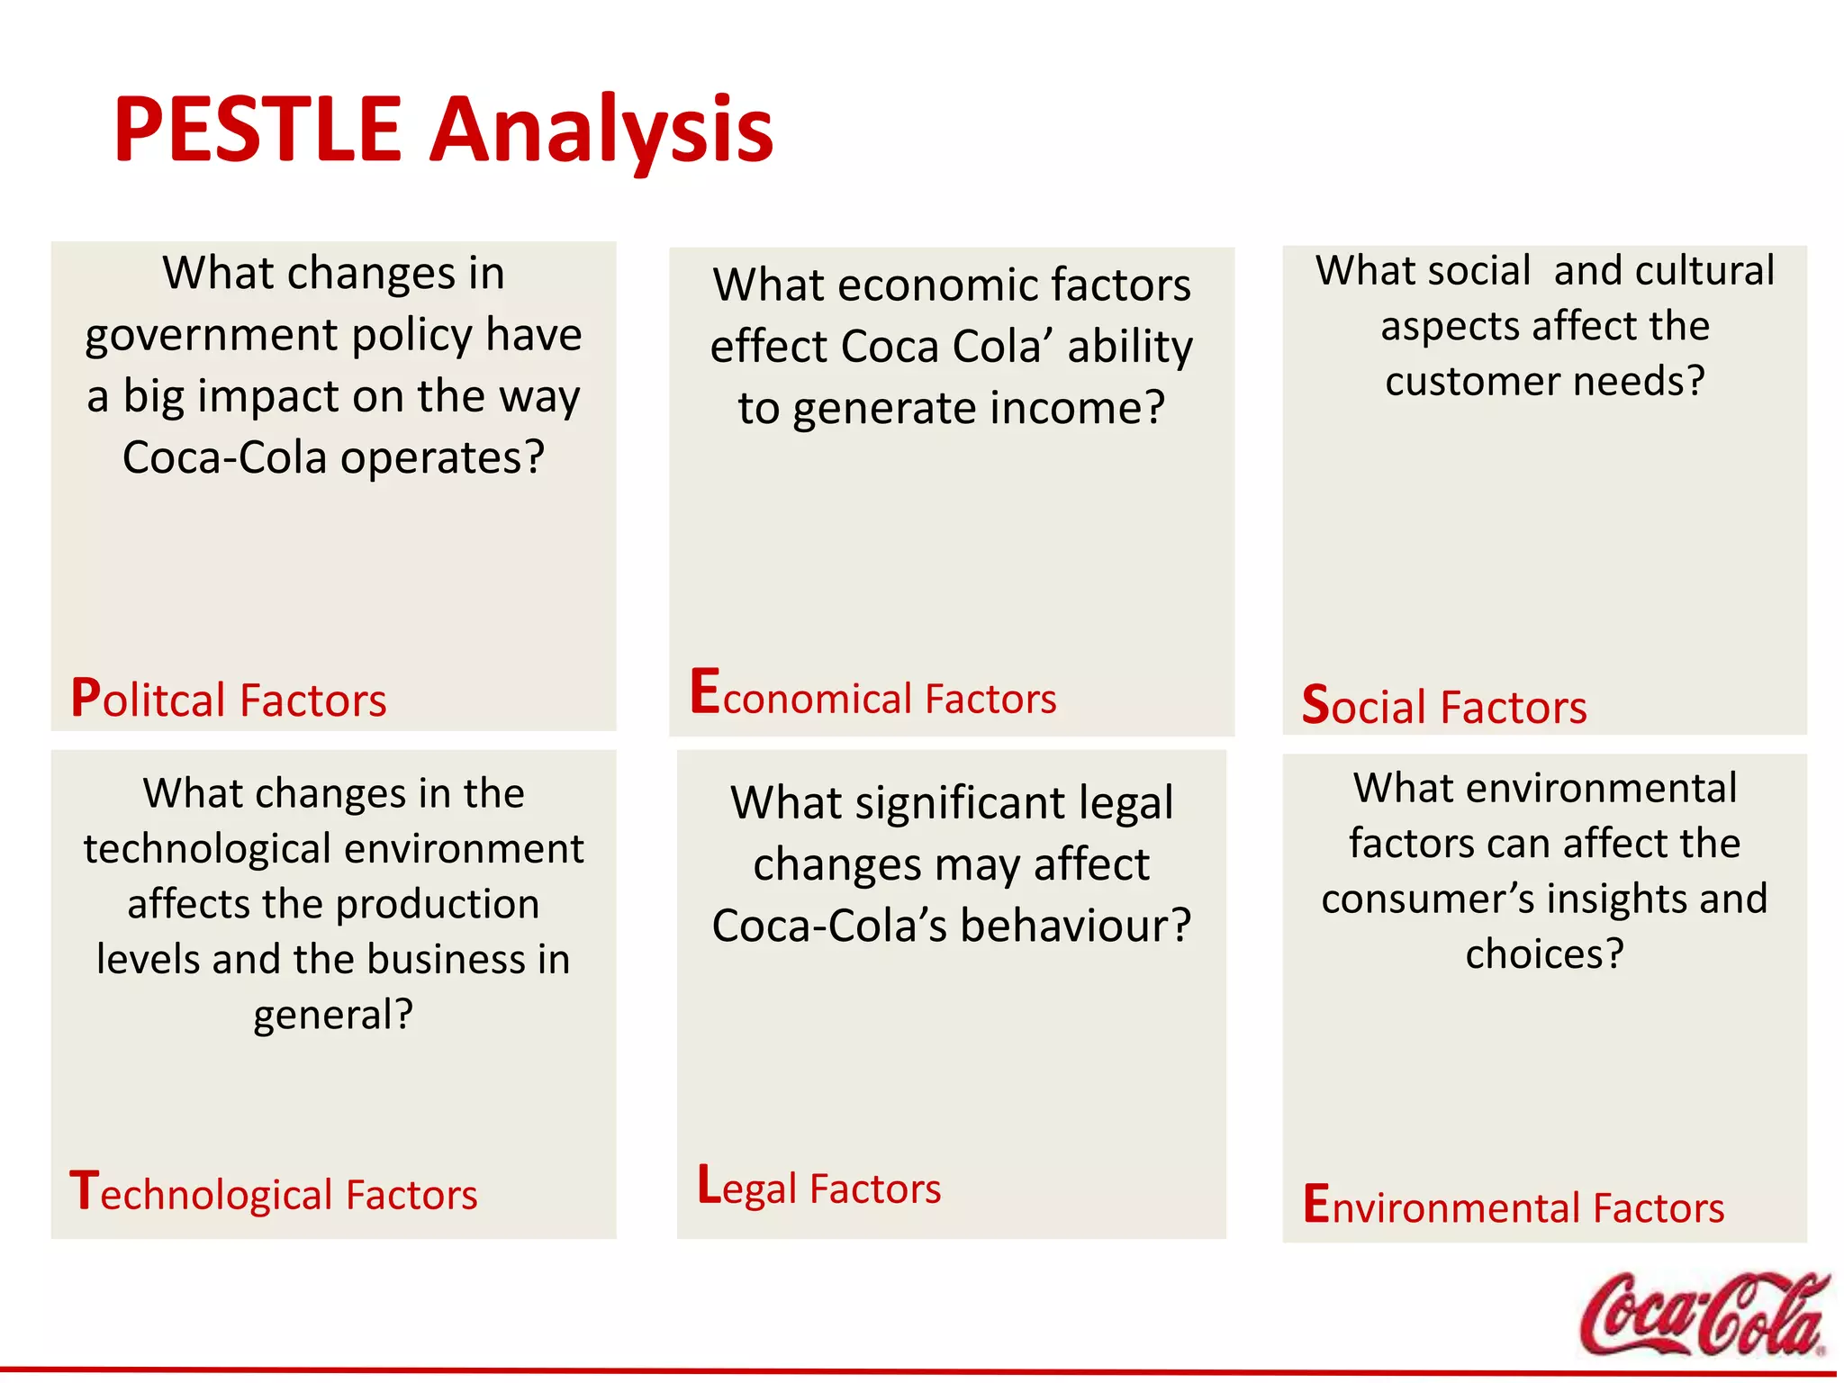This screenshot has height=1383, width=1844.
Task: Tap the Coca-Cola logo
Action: pyautogui.click(x=1703, y=1314)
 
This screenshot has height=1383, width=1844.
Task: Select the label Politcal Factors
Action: pyautogui.click(x=229, y=699)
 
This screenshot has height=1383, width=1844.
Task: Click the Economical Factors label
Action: pyautogui.click(x=872, y=695)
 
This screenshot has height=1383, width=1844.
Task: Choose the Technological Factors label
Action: pyautogui.click(x=273, y=1193)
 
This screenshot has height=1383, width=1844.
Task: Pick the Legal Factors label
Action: pyautogui.click(x=818, y=1187)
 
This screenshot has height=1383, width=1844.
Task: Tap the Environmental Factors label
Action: pyautogui.click(x=1513, y=1206)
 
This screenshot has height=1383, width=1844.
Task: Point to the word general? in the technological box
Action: pyautogui.click(x=333, y=1015)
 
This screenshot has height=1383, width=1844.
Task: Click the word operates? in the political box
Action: pyautogui.click(x=442, y=457)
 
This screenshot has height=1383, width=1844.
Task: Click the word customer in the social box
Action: pyautogui.click(x=1468, y=381)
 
